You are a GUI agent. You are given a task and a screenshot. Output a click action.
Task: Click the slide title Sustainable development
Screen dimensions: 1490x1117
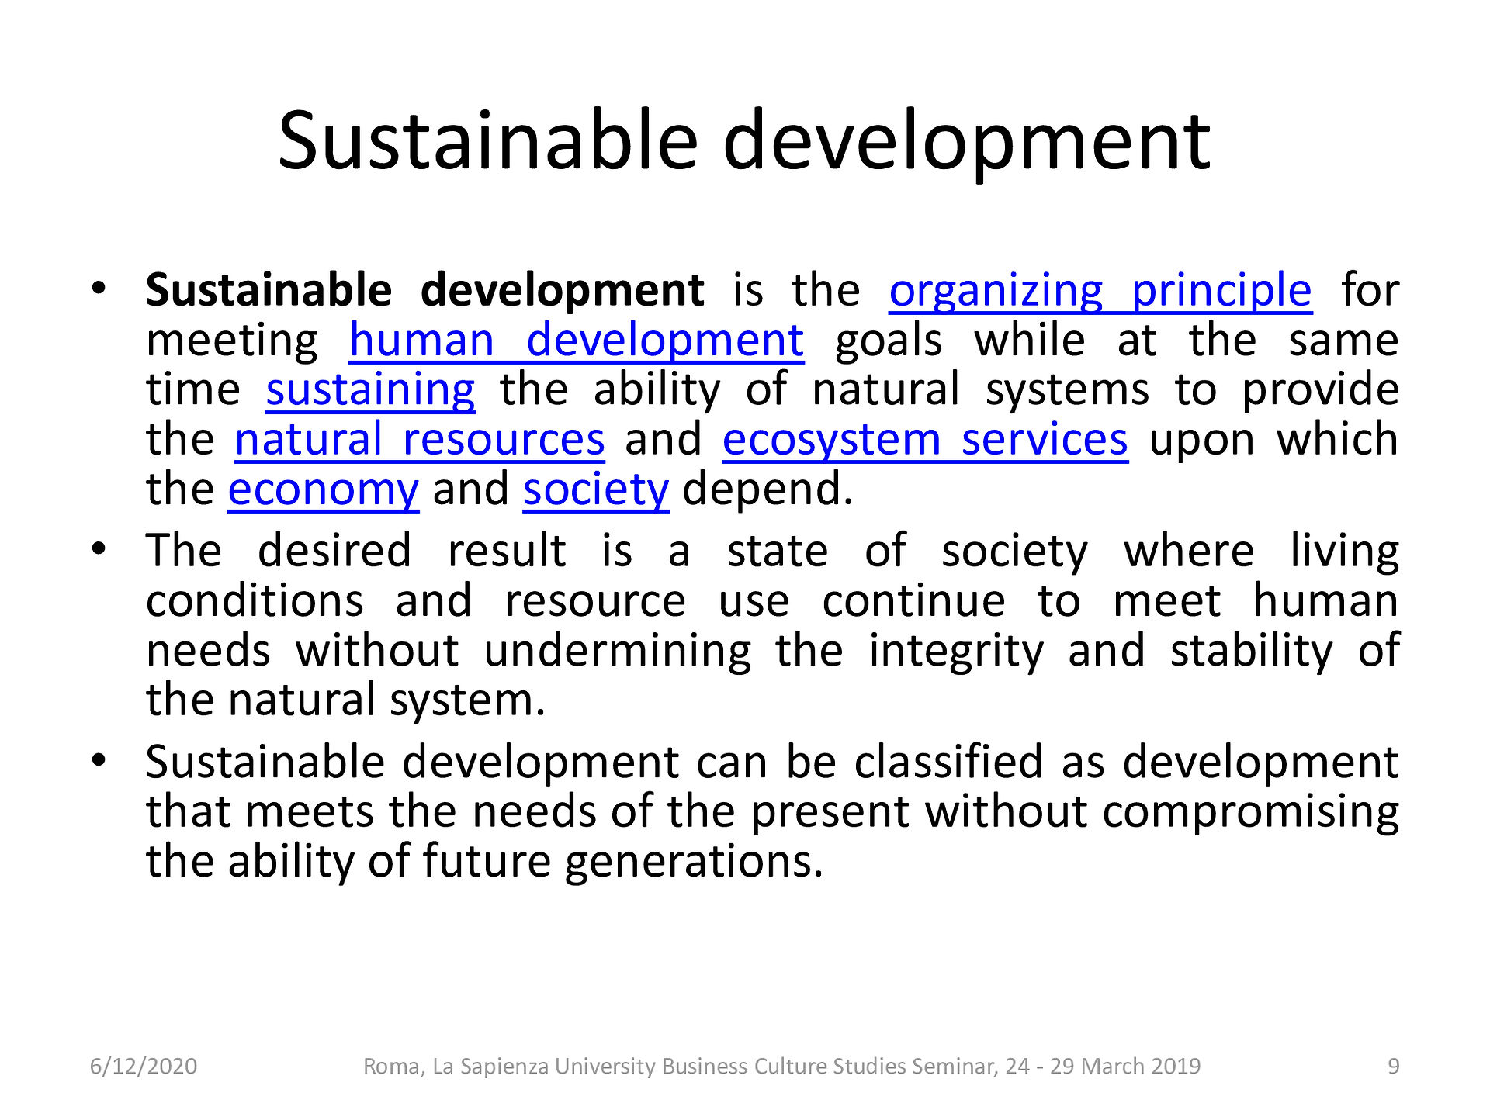pos(743,141)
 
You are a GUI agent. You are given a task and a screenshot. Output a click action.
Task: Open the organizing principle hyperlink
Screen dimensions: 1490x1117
pos(1100,292)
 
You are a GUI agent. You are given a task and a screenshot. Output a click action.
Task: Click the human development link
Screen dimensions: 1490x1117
pos(577,341)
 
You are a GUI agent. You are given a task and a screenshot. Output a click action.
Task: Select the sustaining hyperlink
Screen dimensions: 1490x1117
pos(370,391)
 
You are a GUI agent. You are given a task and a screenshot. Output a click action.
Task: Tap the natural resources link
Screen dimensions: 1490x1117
pos(419,440)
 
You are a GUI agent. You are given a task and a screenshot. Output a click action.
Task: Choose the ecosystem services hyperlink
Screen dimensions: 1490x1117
pos(925,441)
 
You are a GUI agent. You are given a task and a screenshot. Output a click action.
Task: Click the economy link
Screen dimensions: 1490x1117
pos(324,491)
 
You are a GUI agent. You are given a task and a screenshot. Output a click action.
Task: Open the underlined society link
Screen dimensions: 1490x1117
pos(596,491)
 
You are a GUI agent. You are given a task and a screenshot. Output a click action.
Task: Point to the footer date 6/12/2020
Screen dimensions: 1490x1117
pos(144,1067)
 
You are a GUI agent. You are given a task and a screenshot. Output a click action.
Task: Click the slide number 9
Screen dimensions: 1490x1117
pos(1394,1067)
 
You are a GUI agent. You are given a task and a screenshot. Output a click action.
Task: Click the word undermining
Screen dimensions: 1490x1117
pos(618,652)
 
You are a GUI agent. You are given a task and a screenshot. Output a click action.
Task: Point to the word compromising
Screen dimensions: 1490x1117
pos(1250,813)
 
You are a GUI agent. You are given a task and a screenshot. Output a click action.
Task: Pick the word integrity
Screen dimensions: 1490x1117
pos(956,652)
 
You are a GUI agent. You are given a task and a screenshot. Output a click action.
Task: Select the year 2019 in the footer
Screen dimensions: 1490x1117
pos(1174,1067)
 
